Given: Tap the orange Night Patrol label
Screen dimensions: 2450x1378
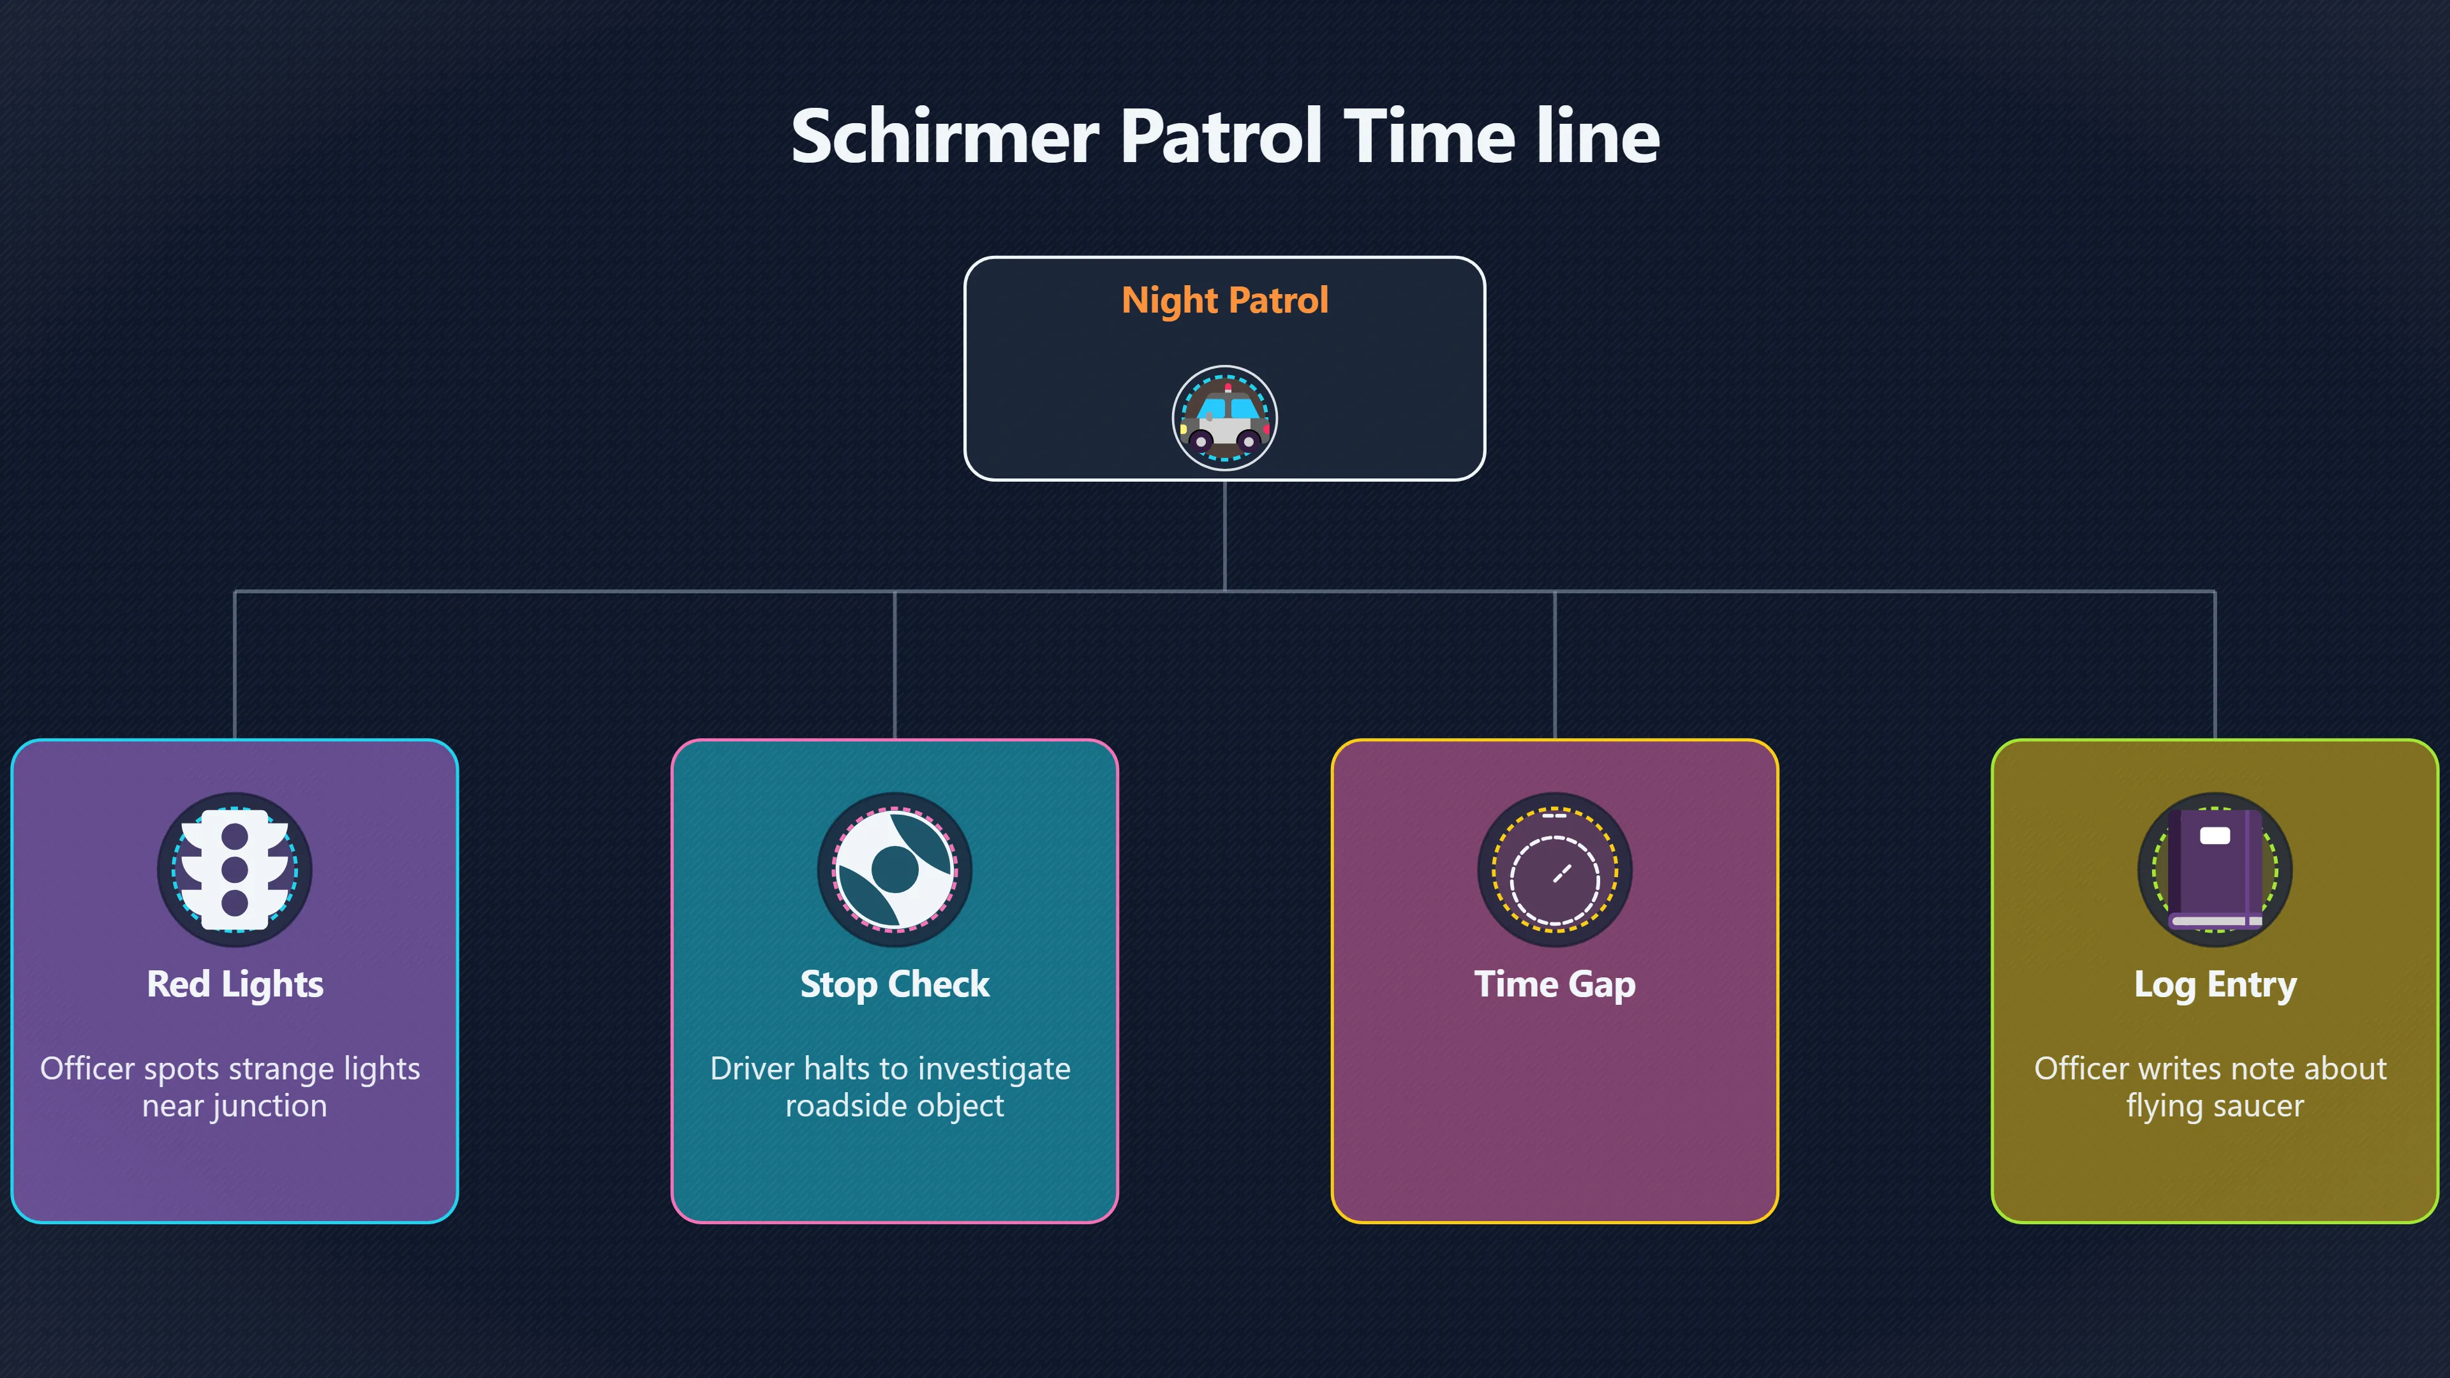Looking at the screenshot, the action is click(1225, 300).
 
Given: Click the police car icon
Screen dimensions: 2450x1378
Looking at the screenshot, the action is click(1224, 419).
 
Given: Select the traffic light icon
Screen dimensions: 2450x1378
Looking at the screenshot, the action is click(235, 869).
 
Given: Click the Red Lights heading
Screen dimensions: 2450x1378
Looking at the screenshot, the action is click(235, 984).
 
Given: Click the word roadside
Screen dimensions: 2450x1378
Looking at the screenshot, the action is click(845, 1106).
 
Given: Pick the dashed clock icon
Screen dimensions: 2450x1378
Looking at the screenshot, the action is click(1555, 869).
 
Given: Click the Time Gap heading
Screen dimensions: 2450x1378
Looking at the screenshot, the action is click(1555, 984).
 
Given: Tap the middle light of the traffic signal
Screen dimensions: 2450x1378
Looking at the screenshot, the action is click(235, 868).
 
